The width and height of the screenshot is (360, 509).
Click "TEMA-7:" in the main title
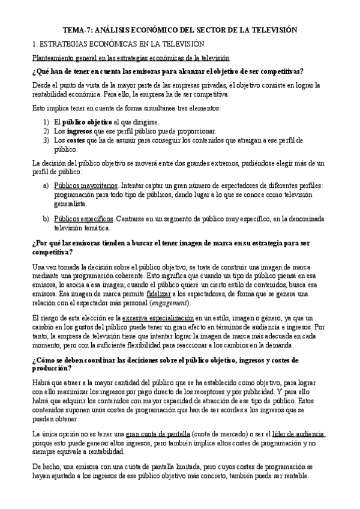pos(79,29)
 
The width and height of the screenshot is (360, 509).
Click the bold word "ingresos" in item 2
pos(79,131)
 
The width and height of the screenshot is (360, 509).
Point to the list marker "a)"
pos(46,186)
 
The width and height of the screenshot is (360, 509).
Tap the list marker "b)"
pos(46,219)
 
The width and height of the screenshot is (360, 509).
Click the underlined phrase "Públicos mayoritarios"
pos(85,186)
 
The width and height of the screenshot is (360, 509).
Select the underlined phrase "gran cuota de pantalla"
pos(157,434)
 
